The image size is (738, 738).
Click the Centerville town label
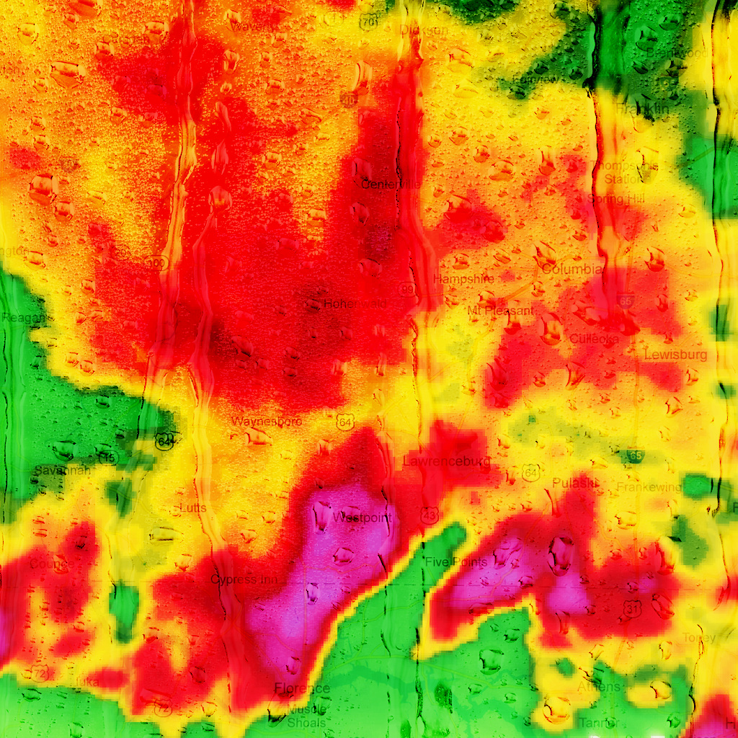point(390,184)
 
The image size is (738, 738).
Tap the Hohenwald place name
point(354,304)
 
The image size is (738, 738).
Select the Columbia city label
point(572,269)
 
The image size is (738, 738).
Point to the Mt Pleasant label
point(501,311)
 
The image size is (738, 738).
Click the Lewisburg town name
point(675,355)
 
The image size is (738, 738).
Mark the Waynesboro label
point(267,421)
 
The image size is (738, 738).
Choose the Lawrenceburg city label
point(447,461)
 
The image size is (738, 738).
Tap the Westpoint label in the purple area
point(363,517)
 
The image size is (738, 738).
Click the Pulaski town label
point(574,482)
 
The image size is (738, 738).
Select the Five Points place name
point(456,561)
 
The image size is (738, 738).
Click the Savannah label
point(62,471)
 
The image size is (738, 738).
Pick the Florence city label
point(302,688)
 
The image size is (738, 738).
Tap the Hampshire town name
point(463,278)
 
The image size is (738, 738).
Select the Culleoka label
point(594,338)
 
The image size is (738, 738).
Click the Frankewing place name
point(649,487)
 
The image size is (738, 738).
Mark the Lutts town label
point(192,508)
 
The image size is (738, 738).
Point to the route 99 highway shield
point(407,289)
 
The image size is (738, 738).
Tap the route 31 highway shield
point(633,610)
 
